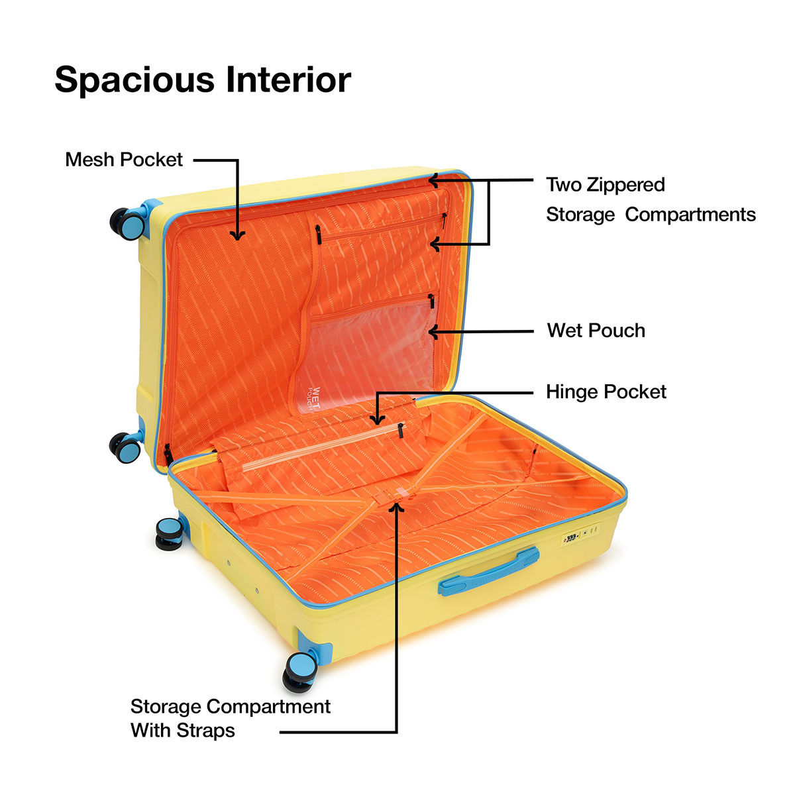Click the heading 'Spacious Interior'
[x=203, y=80]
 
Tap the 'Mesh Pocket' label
[x=124, y=160]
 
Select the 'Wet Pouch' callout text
[x=596, y=331]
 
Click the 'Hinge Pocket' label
[x=606, y=392]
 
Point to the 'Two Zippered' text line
[x=605, y=184]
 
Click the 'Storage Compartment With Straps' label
[x=230, y=718]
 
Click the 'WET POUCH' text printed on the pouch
[x=315, y=397]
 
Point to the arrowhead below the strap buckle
[x=397, y=507]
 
